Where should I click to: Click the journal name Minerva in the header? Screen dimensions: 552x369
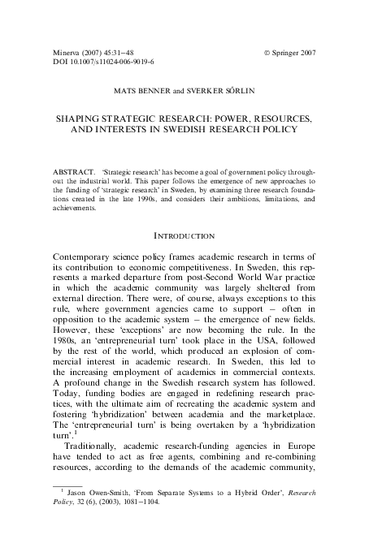pos(67,53)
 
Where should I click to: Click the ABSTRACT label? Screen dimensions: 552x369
pos(72,173)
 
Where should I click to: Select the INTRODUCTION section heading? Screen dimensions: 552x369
pos(184,236)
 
